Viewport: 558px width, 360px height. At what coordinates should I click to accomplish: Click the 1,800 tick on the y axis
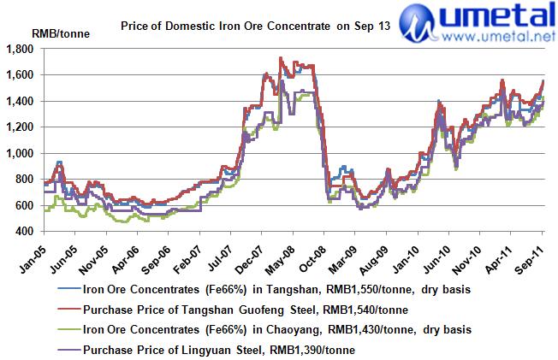coord(20,49)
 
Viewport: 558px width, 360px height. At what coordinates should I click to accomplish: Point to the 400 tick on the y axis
coord(24,231)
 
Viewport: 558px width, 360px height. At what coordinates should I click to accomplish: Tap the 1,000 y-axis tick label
coord(20,153)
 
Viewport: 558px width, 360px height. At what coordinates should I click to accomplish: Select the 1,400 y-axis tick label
coord(20,101)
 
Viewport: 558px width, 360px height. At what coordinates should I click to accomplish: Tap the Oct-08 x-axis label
coord(312,250)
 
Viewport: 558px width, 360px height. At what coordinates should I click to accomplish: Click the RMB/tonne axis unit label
coord(56,33)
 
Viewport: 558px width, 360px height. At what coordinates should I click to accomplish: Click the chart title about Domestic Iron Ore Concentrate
coord(257,27)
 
